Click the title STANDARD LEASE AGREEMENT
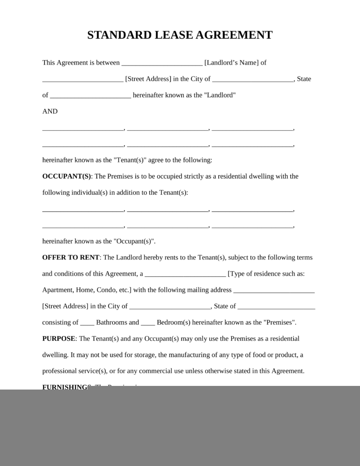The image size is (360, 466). (x=180, y=35)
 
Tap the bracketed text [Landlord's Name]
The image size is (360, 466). (x=232, y=63)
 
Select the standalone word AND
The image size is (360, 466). (x=50, y=111)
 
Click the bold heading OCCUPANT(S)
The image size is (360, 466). (x=67, y=177)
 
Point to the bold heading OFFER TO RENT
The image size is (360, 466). (x=71, y=258)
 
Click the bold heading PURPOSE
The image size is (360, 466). (x=59, y=339)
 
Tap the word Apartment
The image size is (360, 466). (x=58, y=290)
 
